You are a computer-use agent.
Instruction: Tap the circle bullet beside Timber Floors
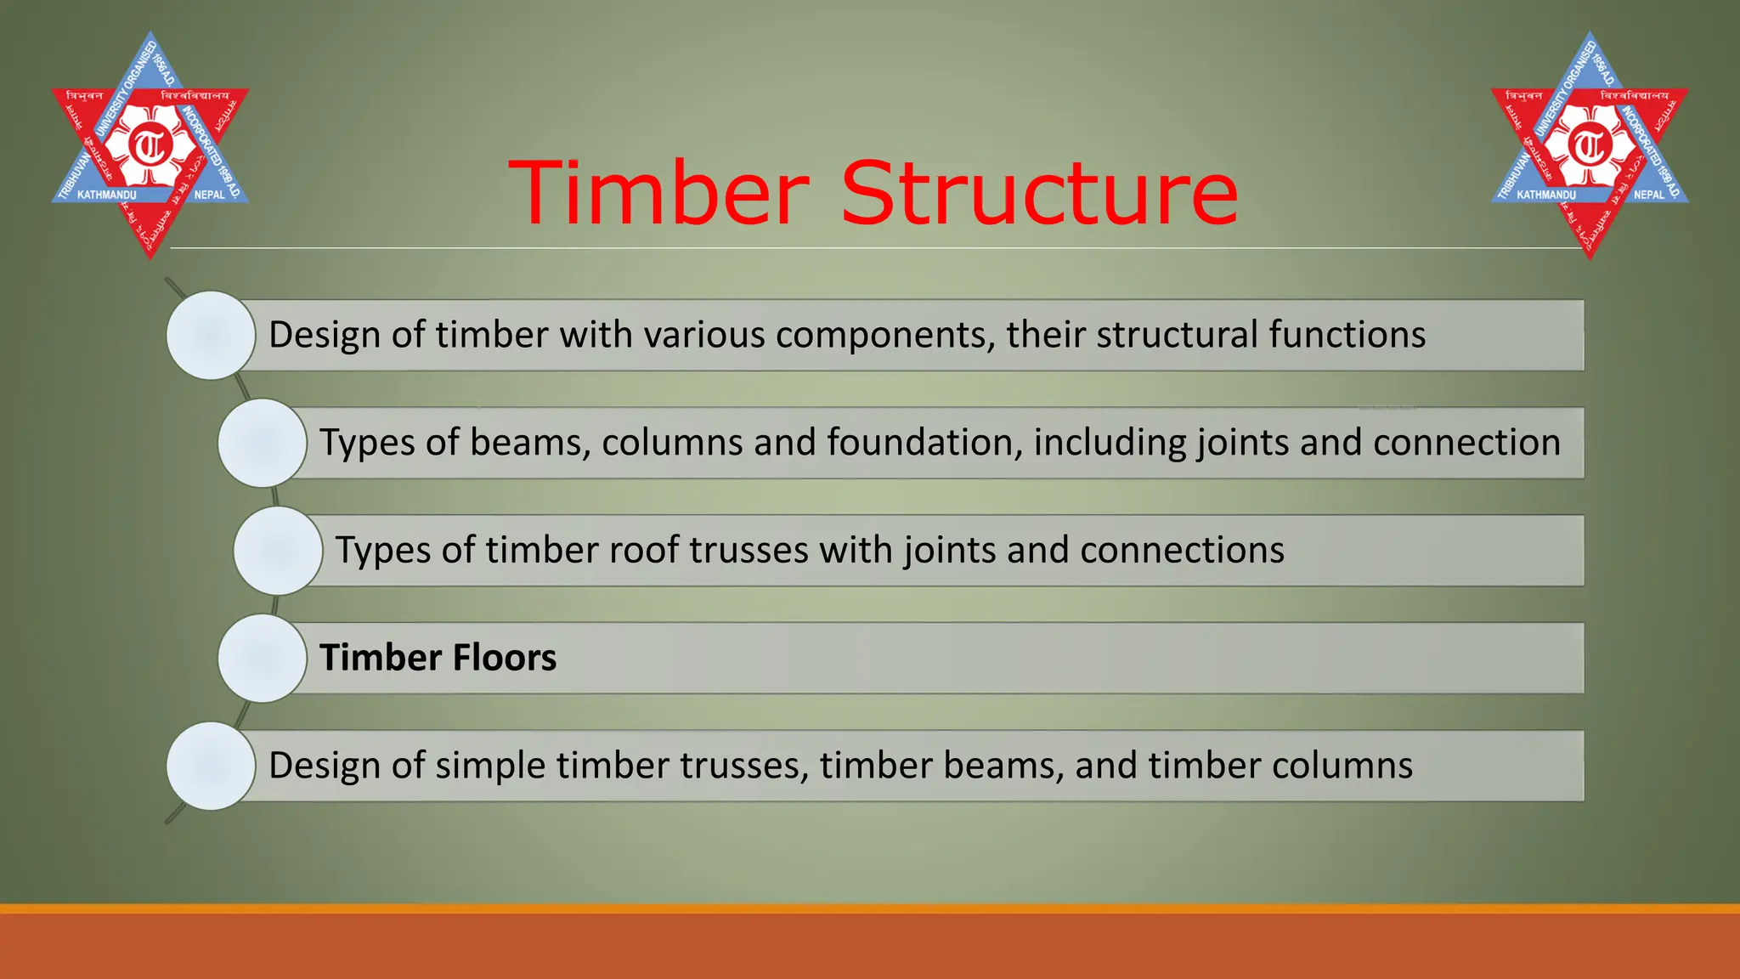pyautogui.click(x=262, y=658)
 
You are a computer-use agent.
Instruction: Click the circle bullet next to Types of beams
pyautogui.click(x=262, y=443)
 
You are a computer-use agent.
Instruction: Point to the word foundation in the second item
pyautogui.click(x=924, y=443)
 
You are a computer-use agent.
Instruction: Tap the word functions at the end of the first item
pyautogui.click(x=1347, y=335)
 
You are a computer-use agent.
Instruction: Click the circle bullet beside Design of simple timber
pyautogui.click(x=211, y=766)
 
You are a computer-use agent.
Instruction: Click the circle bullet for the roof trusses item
pyautogui.click(x=278, y=551)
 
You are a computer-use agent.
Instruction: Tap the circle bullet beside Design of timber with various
pyautogui.click(x=211, y=335)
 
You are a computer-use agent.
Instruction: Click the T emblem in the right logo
pyautogui.click(x=1590, y=145)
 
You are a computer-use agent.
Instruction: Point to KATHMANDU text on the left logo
pyautogui.click(x=106, y=195)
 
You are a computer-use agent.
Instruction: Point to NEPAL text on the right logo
pyautogui.click(x=1648, y=195)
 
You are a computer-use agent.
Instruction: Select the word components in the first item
pyautogui.click(x=884, y=335)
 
